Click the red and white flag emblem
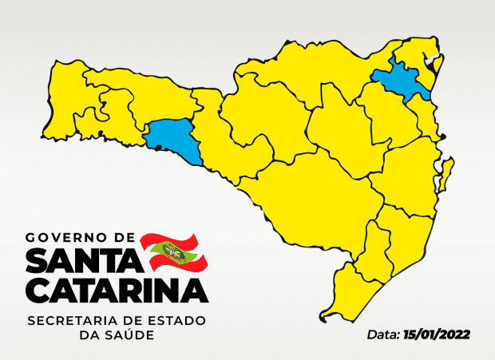pyautogui.click(x=173, y=253)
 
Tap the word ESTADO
pyautogui.click(x=179, y=321)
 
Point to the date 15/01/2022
pyautogui.click(x=437, y=334)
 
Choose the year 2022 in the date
pyautogui.click(x=453, y=334)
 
